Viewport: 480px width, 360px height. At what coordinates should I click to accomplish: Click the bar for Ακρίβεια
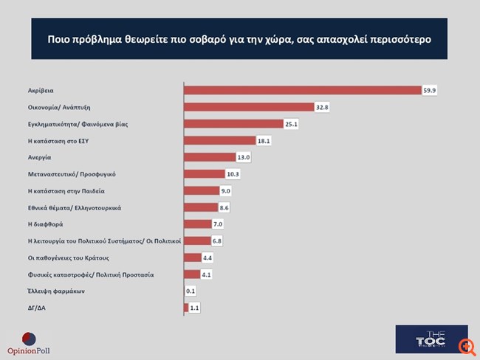pyautogui.click(x=301, y=90)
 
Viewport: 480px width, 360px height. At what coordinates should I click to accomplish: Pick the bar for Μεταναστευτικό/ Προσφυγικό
pyautogui.click(x=202, y=174)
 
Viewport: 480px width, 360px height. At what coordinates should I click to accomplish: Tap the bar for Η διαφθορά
pyautogui.click(x=196, y=224)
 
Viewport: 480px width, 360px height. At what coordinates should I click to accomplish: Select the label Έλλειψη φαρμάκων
pyautogui.click(x=52, y=291)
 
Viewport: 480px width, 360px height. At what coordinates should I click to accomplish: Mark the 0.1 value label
pyautogui.click(x=191, y=291)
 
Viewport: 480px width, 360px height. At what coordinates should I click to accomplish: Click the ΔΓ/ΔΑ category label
pyautogui.click(x=34, y=308)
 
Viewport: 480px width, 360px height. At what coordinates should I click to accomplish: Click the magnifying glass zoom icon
pyautogui.click(x=467, y=346)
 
